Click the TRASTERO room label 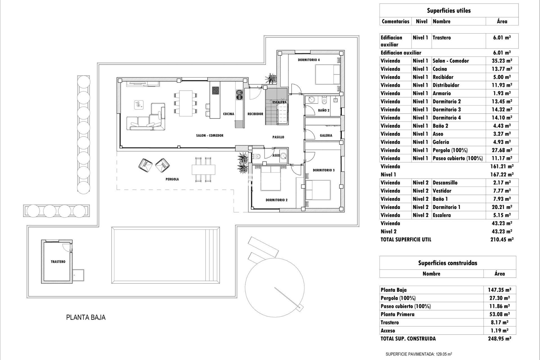click(x=58, y=262)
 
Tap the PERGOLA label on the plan click(x=172, y=179)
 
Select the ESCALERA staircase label click(x=279, y=102)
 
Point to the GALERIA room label click(x=326, y=135)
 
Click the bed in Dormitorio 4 click(x=328, y=74)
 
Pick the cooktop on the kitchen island click(x=216, y=90)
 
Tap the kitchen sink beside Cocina click(x=239, y=94)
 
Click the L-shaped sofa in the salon click(x=146, y=118)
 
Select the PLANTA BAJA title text click(x=86, y=317)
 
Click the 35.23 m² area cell click(x=502, y=61)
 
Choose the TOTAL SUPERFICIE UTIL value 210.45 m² click(x=502, y=240)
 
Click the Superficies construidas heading click(x=447, y=263)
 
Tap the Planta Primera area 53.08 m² click(x=499, y=314)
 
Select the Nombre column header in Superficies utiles click(x=442, y=21)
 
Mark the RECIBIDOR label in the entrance click(x=255, y=114)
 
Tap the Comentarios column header click(x=395, y=21)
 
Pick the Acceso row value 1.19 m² click(x=499, y=330)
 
